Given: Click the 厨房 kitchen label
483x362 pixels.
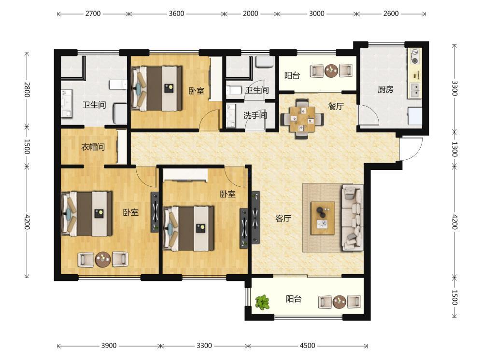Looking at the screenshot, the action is (385, 89).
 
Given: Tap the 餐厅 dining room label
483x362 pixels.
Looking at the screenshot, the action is (336, 106).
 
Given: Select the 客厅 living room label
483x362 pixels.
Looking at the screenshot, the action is (283, 218).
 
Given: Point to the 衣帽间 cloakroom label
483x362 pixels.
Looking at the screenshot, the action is (93, 147).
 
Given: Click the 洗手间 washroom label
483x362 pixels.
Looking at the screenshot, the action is (255, 115).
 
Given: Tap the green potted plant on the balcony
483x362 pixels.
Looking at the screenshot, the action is (262, 302).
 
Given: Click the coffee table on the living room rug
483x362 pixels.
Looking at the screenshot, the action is (323, 218).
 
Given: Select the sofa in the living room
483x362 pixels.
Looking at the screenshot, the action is (353, 217).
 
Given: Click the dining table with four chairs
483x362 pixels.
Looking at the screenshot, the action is (302, 118).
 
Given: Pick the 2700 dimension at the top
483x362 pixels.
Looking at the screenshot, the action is (93, 14).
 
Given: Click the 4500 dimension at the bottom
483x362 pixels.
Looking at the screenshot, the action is (307, 346).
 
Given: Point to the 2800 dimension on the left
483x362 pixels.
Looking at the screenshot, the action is (27, 89).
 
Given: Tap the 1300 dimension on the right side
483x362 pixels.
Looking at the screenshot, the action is (455, 149).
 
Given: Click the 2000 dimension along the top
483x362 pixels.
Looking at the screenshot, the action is (250, 14).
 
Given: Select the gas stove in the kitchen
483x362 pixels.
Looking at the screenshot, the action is (415, 56).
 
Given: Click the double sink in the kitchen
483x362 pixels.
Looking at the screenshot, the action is (415, 90).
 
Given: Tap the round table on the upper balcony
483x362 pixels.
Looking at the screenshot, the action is (331, 70).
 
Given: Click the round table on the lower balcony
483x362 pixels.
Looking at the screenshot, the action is (340, 302).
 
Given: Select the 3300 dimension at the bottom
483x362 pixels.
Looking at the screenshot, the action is (204, 346).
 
